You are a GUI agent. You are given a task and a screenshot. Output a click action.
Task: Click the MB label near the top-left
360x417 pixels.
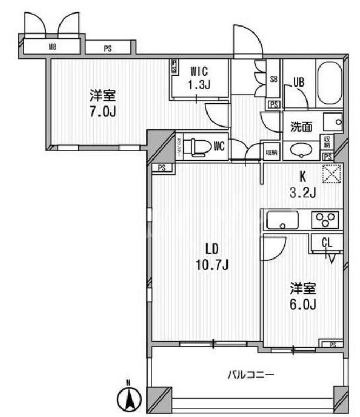click(52, 47)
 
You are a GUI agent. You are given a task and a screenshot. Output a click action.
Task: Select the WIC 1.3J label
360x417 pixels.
click(199, 77)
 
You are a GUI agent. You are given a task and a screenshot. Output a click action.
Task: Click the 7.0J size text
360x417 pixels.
click(103, 111)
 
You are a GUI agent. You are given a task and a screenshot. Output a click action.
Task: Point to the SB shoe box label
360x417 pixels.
click(274, 79)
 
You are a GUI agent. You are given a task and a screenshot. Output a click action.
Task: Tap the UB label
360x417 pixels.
click(298, 82)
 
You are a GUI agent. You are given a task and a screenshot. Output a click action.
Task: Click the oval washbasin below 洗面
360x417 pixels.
click(300, 150)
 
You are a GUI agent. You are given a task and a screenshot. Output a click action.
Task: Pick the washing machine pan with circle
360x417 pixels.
click(333, 122)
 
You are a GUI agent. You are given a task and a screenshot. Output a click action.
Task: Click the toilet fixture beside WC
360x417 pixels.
click(198, 147)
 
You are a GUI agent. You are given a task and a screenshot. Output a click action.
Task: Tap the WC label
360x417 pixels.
click(219, 146)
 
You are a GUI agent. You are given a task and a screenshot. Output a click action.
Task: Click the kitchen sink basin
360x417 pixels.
click(283, 220)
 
